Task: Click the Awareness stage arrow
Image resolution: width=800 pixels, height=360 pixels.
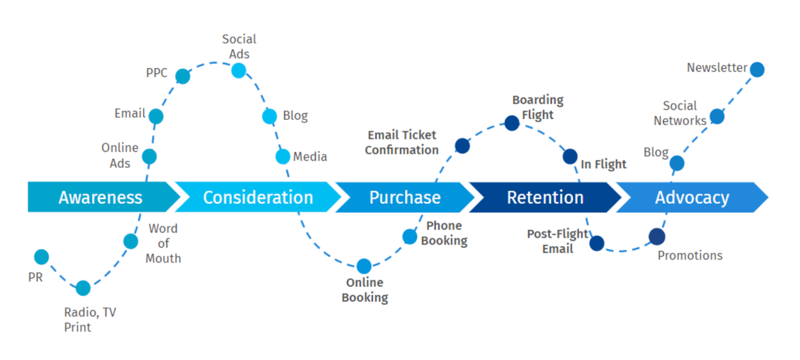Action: (100, 197)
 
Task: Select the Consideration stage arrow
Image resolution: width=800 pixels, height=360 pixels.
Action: (257, 197)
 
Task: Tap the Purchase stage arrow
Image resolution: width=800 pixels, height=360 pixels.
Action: (404, 197)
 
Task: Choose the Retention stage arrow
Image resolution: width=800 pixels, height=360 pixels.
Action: (545, 197)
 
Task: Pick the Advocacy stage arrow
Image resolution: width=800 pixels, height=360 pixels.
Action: (691, 197)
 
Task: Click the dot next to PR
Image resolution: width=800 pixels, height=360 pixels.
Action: (41, 257)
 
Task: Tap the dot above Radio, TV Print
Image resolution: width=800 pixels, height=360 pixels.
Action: (83, 288)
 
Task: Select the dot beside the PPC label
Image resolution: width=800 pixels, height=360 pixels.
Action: (183, 76)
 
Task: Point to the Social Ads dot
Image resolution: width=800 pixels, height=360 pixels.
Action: (238, 71)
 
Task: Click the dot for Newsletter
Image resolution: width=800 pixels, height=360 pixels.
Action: (757, 69)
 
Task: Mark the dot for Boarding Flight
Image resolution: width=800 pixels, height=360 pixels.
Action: (511, 122)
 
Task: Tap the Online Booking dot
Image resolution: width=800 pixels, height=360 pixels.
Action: (364, 266)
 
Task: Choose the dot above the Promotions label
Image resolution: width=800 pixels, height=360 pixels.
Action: (656, 236)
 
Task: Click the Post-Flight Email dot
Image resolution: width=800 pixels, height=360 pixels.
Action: (596, 243)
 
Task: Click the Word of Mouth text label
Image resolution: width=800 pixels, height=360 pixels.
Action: (163, 243)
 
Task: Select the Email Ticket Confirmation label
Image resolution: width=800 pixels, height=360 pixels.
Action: (401, 142)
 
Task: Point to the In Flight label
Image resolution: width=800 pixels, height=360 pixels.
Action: (603, 164)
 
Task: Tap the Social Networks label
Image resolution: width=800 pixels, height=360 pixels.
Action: (679, 113)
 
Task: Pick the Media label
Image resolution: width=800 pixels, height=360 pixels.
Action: (310, 156)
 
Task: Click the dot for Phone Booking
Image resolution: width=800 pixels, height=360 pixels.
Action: (409, 236)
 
